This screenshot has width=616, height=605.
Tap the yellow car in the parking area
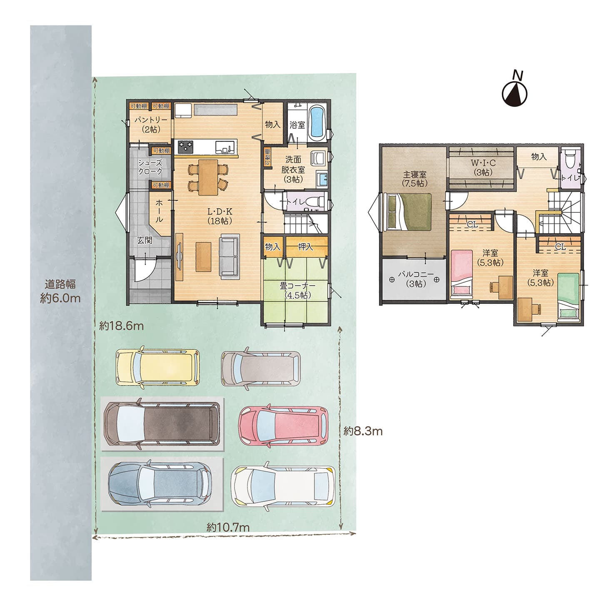(157, 366)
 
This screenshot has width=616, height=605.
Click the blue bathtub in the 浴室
(318, 121)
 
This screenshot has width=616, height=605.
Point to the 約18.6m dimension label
(121, 326)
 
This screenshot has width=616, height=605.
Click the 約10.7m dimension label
(228, 527)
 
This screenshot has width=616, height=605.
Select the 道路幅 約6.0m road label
(60, 291)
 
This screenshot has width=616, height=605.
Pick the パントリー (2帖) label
(150, 124)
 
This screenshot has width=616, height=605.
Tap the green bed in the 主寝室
(409, 212)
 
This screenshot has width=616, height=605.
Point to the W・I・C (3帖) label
(483, 167)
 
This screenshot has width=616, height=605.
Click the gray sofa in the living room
(229, 256)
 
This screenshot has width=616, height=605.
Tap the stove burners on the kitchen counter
(186, 147)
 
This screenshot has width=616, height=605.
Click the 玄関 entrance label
(145, 240)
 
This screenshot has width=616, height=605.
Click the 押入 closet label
(305, 247)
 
